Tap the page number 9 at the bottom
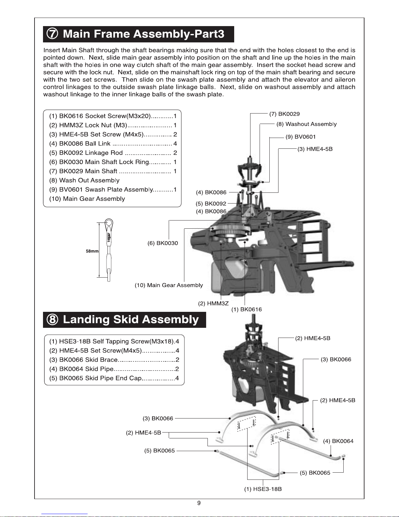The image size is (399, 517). click(x=199, y=503)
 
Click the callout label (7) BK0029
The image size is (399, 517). click(x=284, y=114)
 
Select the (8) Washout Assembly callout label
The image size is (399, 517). click(x=306, y=124)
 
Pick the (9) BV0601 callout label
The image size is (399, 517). click(x=301, y=137)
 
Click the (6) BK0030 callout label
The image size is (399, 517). click(x=163, y=243)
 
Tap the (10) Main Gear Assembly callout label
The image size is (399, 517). click(x=169, y=285)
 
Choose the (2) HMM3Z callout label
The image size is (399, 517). click(x=213, y=303)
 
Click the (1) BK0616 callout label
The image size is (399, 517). click(x=247, y=309)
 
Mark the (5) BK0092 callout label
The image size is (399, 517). click(x=211, y=204)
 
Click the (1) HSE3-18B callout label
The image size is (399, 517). click(x=263, y=489)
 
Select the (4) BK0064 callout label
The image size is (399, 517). click(x=338, y=441)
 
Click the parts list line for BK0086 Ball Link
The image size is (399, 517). click(x=113, y=144)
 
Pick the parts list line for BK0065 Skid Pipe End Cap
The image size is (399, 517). click(x=114, y=378)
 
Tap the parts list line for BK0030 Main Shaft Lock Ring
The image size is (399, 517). click(x=113, y=162)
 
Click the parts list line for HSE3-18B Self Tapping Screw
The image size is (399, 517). click(x=114, y=342)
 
